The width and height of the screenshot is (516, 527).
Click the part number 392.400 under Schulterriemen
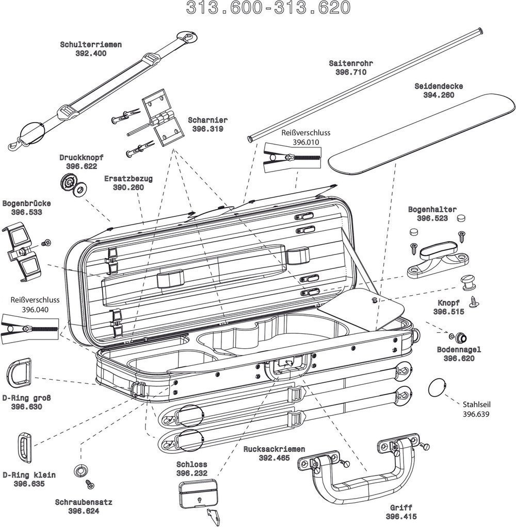point(91,53)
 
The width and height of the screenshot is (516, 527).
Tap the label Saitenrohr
point(350,63)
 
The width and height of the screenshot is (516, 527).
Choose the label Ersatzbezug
point(128,179)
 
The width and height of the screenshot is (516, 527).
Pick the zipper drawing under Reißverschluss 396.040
point(29,327)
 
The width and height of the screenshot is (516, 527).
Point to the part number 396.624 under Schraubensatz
point(84,511)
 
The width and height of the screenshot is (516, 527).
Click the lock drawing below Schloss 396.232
point(199,495)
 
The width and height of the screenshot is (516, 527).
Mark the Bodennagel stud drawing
point(459,337)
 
